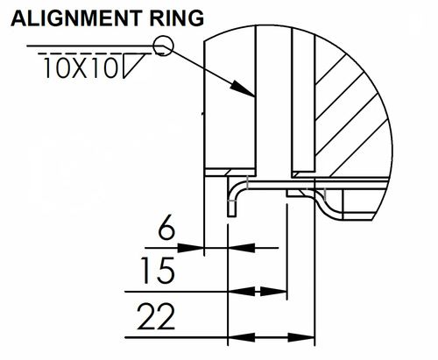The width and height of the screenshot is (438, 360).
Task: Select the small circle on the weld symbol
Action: [161, 47]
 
